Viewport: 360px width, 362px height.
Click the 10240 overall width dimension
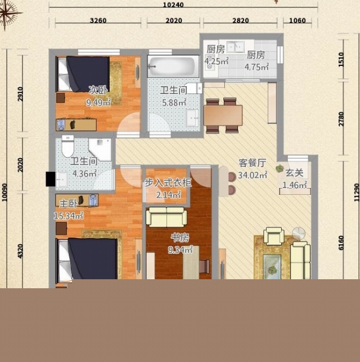point(173,5)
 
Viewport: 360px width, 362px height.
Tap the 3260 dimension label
point(98,20)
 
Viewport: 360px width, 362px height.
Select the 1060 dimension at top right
point(297,20)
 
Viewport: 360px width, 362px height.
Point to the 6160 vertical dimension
point(341,243)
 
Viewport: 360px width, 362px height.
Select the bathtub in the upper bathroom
point(173,66)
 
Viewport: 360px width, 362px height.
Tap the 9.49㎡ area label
point(98,102)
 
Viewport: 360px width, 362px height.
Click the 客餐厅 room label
point(253,163)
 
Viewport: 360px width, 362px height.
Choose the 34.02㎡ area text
point(253,175)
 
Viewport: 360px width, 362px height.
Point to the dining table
point(223,115)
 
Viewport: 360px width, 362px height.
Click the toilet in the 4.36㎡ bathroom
point(68,146)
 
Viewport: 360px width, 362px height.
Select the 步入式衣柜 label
point(168,183)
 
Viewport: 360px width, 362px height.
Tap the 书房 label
point(180,238)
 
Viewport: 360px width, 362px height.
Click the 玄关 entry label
point(295,173)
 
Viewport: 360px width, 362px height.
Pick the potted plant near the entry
point(280,168)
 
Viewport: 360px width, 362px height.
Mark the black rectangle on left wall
point(51,179)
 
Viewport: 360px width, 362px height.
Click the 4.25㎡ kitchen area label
point(217,61)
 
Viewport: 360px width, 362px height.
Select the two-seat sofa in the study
point(166,217)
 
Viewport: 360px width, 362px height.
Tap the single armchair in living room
point(274,236)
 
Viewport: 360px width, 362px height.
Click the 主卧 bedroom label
point(68,204)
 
